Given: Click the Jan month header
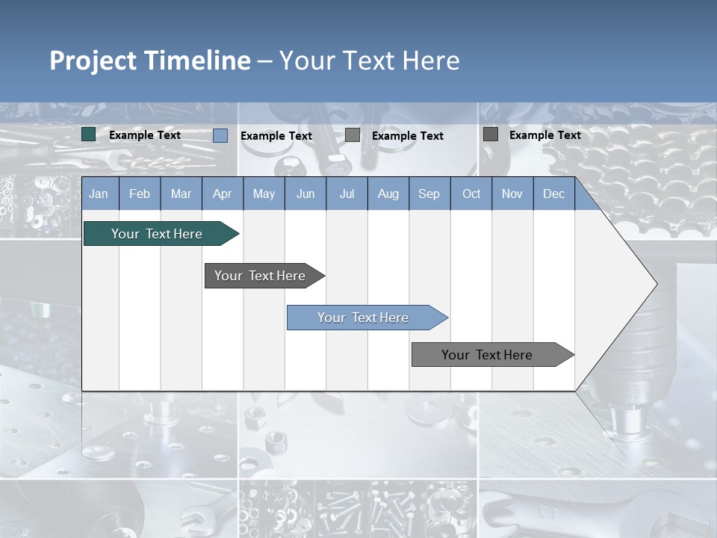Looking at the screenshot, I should click(x=99, y=194).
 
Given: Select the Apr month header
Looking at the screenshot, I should click(x=222, y=194).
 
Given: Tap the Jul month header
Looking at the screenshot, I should click(x=347, y=194).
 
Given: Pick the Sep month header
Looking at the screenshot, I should click(x=429, y=194).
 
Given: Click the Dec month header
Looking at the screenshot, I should click(x=553, y=194).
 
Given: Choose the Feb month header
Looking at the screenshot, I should click(x=140, y=194).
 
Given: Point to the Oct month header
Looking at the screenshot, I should click(x=471, y=194).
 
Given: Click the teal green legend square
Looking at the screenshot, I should click(x=89, y=134).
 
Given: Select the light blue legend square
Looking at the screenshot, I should click(x=220, y=135).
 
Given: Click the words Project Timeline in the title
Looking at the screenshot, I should click(x=149, y=61).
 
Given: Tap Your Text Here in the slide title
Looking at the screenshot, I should click(x=369, y=61).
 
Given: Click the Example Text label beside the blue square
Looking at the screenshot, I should click(x=276, y=136).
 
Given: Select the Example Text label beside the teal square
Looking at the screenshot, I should click(x=145, y=135).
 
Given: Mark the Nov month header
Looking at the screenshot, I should click(x=512, y=194).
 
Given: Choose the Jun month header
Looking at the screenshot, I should click(x=305, y=194).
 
